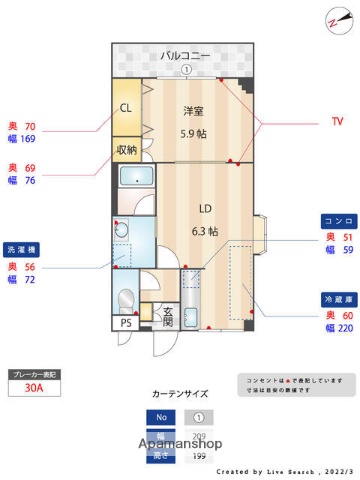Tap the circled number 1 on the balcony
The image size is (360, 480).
(186, 69)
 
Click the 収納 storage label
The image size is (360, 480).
(126, 150)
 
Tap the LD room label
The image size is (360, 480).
(204, 208)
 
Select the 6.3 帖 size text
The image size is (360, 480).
(204, 230)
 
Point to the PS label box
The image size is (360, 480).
(126, 323)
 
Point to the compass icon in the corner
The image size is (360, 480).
(335, 17)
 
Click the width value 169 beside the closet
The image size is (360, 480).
(28, 140)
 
